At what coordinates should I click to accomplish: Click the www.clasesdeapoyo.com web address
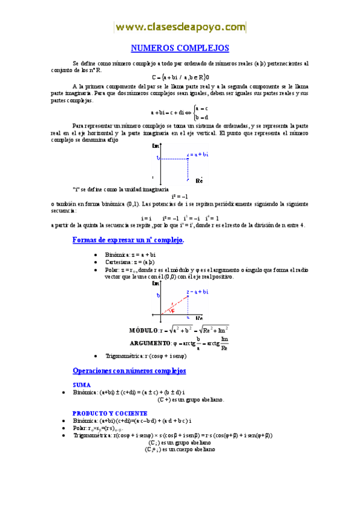click(x=180, y=27)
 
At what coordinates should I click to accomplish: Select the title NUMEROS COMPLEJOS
click(x=180, y=48)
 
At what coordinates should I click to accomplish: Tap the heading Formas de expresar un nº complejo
click(x=128, y=240)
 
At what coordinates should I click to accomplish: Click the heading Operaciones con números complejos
click(x=129, y=370)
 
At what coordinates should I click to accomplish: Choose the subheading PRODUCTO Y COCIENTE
click(x=109, y=413)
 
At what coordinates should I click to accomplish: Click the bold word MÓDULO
click(x=143, y=330)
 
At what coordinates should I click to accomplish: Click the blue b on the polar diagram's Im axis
click(x=157, y=296)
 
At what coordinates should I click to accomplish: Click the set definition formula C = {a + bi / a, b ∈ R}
click(x=181, y=77)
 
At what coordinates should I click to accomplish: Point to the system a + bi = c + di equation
click(x=180, y=112)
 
